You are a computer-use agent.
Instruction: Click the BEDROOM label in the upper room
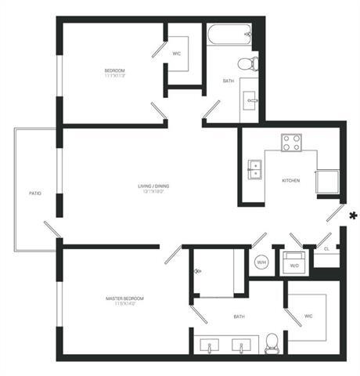pyautogui.click(x=115, y=72)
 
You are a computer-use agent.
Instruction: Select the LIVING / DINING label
pyautogui.click(x=153, y=186)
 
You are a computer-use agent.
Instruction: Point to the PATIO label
pyautogui.click(x=35, y=192)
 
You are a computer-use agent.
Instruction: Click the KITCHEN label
pyautogui.click(x=291, y=181)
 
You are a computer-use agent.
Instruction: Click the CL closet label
pyautogui.click(x=326, y=249)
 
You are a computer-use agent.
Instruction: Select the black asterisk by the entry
pyautogui.click(x=353, y=215)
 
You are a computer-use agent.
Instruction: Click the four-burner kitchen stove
pyautogui.click(x=292, y=143)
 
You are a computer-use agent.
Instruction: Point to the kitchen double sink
pyautogui.click(x=255, y=168)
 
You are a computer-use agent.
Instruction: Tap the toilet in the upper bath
pyautogui.click(x=247, y=63)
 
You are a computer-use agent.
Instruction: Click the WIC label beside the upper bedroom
pyautogui.click(x=177, y=54)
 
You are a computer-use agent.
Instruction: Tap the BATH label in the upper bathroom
pyautogui.click(x=228, y=81)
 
